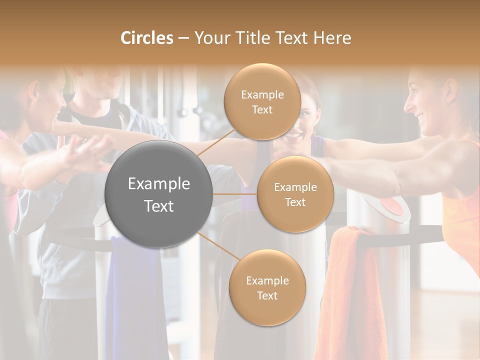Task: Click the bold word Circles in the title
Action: pyautogui.click(x=147, y=38)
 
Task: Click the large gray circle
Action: pyautogui.click(x=158, y=194)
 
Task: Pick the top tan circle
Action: pyautogui.click(x=262, y=101)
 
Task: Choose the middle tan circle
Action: pyautogui.click(x=295, y=194)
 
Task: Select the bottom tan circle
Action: pyautogui.click(x=267, y=287)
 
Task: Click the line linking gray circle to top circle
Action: pyautogui.click(x=215, y=142)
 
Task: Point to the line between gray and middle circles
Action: pyautogui.click(x=234, y=194)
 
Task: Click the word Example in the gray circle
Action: pyautogui.click(x=158, y=183)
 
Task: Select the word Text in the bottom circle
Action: pyautogui.click(x=267, y=295)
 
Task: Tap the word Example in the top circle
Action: pyautogui.click(x=262, y=94)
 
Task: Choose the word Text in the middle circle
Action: pyautogui.click(x=295, y=202)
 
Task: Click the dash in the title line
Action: pyautogui.click(x=183, y=38)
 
